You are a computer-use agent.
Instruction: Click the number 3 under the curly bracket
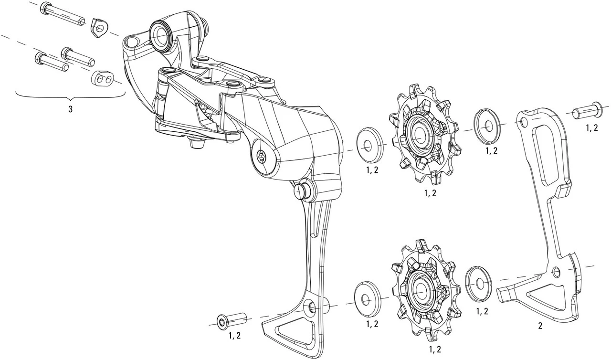(x=70, y=109)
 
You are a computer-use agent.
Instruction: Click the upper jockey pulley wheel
(x=421, y=135)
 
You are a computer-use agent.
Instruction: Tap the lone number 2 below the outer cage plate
(x=540, y=327)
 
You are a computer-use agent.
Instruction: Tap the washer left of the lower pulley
(x=367, y=296)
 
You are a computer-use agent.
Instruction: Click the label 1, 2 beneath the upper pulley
(x=430, y=193)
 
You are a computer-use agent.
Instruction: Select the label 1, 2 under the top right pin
(x=592, y=127)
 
